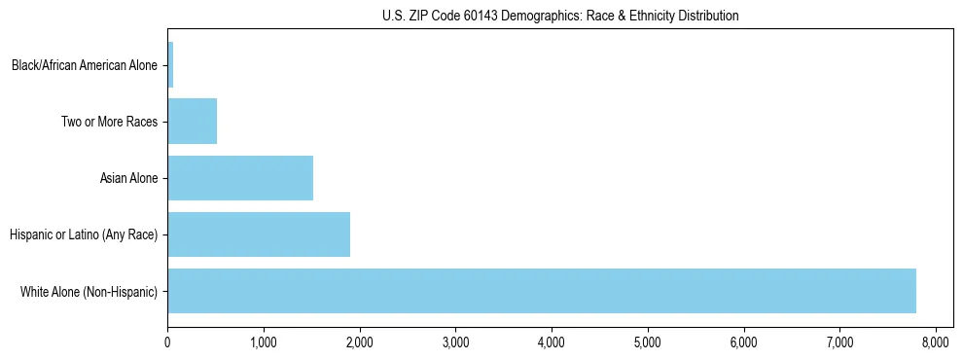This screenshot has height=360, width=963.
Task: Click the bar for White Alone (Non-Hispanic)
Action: (x=542, y=291)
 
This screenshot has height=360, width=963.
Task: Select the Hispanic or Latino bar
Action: (x=259, y=234)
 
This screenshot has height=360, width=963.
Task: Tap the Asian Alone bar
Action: (x=240, y=178)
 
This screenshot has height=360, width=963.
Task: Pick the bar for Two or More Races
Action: (x=192, y=122)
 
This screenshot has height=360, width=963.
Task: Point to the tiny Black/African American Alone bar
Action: (x=170, y=65)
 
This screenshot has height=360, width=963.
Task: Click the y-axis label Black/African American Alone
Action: (x=85, y=66)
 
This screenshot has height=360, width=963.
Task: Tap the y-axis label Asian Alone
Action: (x=128, y=179)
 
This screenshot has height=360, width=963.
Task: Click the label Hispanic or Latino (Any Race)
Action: (x=83, y=234)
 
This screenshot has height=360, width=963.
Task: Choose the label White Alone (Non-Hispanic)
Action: (x=89, y=291)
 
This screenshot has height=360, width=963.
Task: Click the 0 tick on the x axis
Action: (x=167, y=342)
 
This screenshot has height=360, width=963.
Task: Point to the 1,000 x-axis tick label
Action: (x=264, y=342)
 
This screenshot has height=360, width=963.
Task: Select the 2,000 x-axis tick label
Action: (x=360, y=342)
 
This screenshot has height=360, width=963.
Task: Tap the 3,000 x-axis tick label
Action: (x=455, y=342)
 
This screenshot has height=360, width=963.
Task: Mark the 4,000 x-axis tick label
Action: (x=552, y=342)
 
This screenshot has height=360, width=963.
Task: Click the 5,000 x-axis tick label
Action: (x=648, y=342)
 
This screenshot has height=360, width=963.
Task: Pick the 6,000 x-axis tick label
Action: (x=744, y=342)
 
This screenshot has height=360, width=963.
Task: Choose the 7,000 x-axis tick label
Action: (x=839, y=342)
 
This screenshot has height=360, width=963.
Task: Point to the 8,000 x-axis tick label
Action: (x=936, y=342)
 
